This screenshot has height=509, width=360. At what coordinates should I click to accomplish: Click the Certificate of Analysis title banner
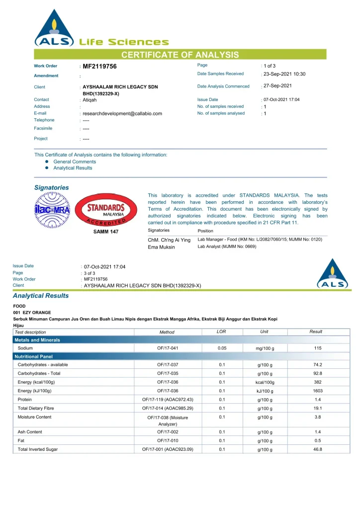[x=180, y=55]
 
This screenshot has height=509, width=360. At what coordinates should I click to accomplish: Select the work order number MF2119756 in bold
[x=99, y=66]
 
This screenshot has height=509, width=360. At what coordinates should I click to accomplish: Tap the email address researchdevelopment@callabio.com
[x=122, y=113]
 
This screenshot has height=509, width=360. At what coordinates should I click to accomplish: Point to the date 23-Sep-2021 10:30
[x=284, y=74]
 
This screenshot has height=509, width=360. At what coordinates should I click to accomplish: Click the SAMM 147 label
[x=106, y=231]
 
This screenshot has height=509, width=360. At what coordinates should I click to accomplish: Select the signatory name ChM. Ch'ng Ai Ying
[x=169, y=240]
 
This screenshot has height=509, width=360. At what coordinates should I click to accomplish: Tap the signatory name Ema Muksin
[x=162, y=247]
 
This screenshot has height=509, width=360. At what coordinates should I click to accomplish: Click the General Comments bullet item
[x=75, y=162]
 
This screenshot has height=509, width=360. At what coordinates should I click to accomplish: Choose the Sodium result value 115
[x=318, y=348]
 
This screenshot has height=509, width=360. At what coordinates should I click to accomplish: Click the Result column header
[x=316, y=332]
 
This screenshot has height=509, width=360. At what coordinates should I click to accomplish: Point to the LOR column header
[x=222, y=332]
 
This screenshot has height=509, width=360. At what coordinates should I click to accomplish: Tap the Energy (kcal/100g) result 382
[x=318, y=382]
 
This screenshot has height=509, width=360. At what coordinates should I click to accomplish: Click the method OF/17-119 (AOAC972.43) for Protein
[x=168, y=400]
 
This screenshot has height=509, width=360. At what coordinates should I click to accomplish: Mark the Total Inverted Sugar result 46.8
[x=318, y=449]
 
